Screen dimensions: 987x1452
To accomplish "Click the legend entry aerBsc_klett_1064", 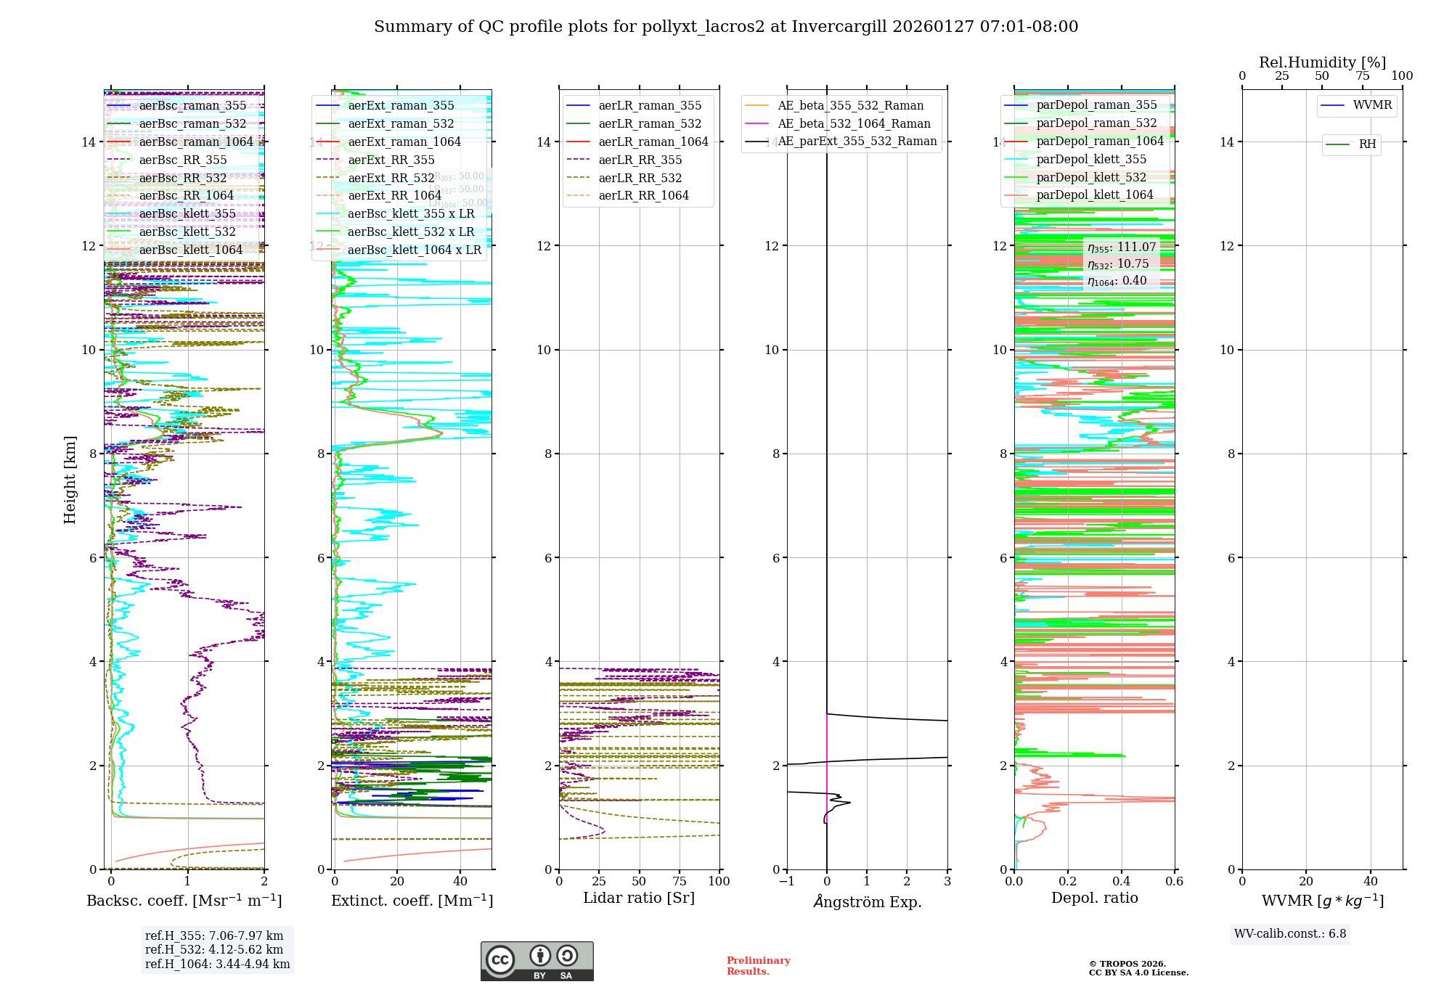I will (x=190, y=250).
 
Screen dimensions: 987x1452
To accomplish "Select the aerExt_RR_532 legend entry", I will (x=391, y=178).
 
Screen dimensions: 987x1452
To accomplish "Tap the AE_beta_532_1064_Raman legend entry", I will (x=854, y=123).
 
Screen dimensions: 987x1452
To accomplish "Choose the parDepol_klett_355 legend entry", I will (x=1091, y=159).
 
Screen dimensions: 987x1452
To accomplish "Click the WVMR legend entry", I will (x=1372, y=105).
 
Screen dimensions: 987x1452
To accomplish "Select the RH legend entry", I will (x=1367, y=144).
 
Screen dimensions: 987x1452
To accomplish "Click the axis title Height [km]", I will (x=70, y=480).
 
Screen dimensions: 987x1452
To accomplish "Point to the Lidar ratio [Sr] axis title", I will (x=639, y=898).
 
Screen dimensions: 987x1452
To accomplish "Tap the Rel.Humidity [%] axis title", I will (x=1322, y=62).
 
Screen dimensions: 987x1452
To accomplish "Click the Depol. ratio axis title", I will (x=1094, y=898).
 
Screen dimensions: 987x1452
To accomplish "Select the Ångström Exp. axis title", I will (x=867, y=901).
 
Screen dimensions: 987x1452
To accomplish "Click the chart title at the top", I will (x=726, y=27).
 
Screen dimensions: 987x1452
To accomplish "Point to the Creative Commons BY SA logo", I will (x=537, y=961).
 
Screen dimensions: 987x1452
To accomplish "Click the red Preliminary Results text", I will (x=758, y=965).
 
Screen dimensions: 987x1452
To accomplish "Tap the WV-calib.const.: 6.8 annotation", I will (x=1290, y=933).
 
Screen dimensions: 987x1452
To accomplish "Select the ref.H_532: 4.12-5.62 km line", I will (x=214, y=949).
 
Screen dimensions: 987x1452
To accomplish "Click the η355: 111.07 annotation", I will (x=1121, y=247).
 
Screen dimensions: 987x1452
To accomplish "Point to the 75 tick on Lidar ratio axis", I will (x=680, y=881).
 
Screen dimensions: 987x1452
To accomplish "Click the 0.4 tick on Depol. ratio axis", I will (x=1121, y=881).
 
